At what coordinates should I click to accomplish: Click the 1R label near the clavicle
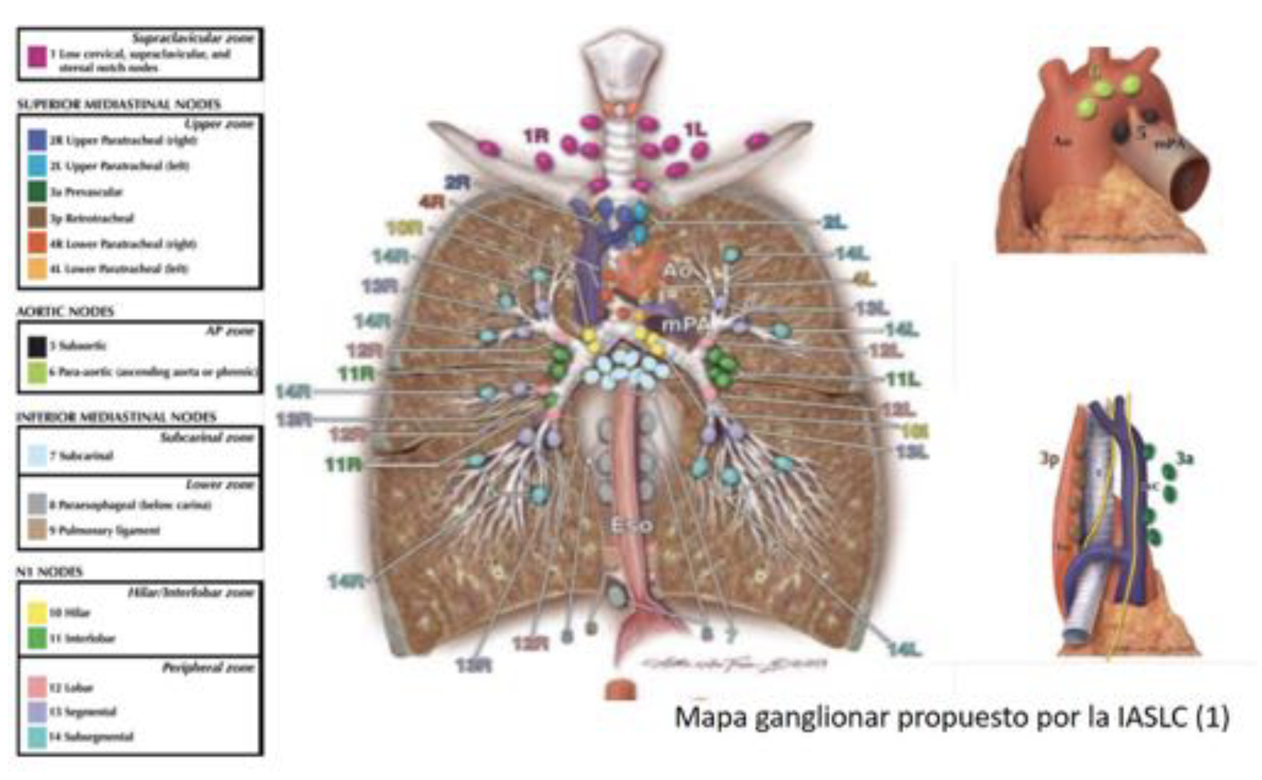536,137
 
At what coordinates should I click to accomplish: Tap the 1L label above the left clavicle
695,130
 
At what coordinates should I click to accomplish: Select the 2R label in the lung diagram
457,183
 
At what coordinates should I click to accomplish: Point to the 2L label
834,223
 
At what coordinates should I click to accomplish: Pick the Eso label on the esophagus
631,524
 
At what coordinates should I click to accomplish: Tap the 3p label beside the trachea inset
1049,459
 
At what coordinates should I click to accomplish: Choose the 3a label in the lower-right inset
1185,459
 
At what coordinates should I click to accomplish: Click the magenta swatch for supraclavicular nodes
37,57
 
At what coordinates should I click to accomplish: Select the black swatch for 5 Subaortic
37,347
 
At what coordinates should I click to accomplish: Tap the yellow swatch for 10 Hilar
37,612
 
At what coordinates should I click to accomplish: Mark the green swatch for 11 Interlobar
37,638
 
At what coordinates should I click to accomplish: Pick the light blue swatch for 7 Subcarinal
37,456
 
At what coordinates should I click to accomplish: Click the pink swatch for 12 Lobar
37,687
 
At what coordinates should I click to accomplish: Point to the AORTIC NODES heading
65,311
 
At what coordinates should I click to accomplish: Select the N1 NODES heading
49,572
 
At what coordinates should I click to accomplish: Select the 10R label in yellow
404,228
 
